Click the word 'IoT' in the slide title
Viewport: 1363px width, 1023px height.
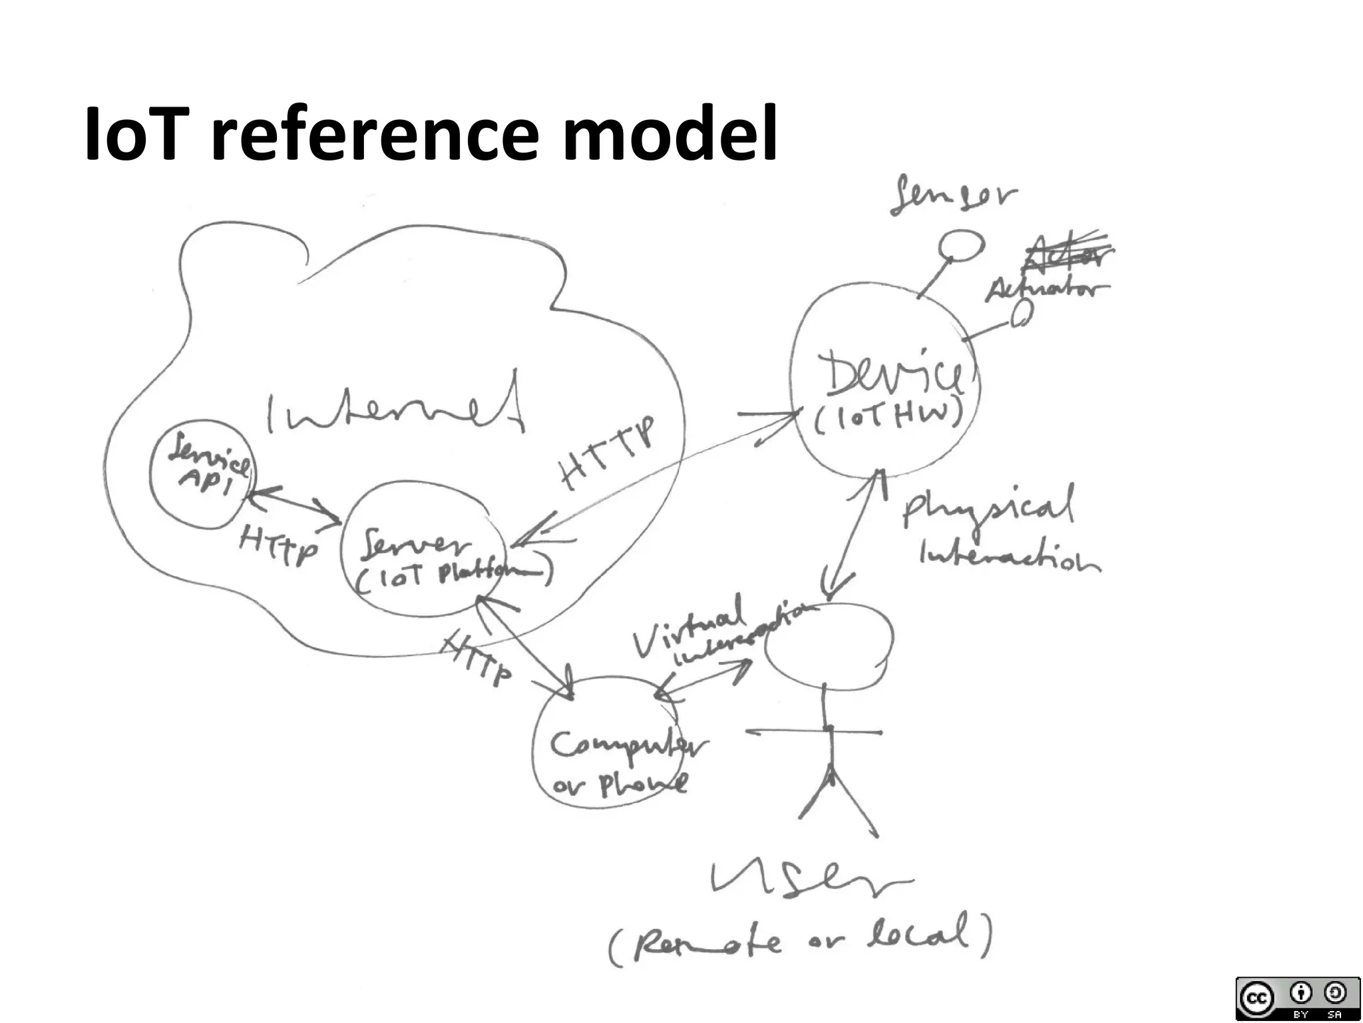[132, 135]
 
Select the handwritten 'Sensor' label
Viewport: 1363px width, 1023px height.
[954, 194]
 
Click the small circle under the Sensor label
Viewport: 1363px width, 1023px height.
[961, 245]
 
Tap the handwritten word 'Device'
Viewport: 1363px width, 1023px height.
[892, 376]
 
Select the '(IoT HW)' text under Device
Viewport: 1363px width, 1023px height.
[888, 416]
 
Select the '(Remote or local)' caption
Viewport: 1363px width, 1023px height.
[799, 939]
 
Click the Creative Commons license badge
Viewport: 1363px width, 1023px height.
[1296, 997]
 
